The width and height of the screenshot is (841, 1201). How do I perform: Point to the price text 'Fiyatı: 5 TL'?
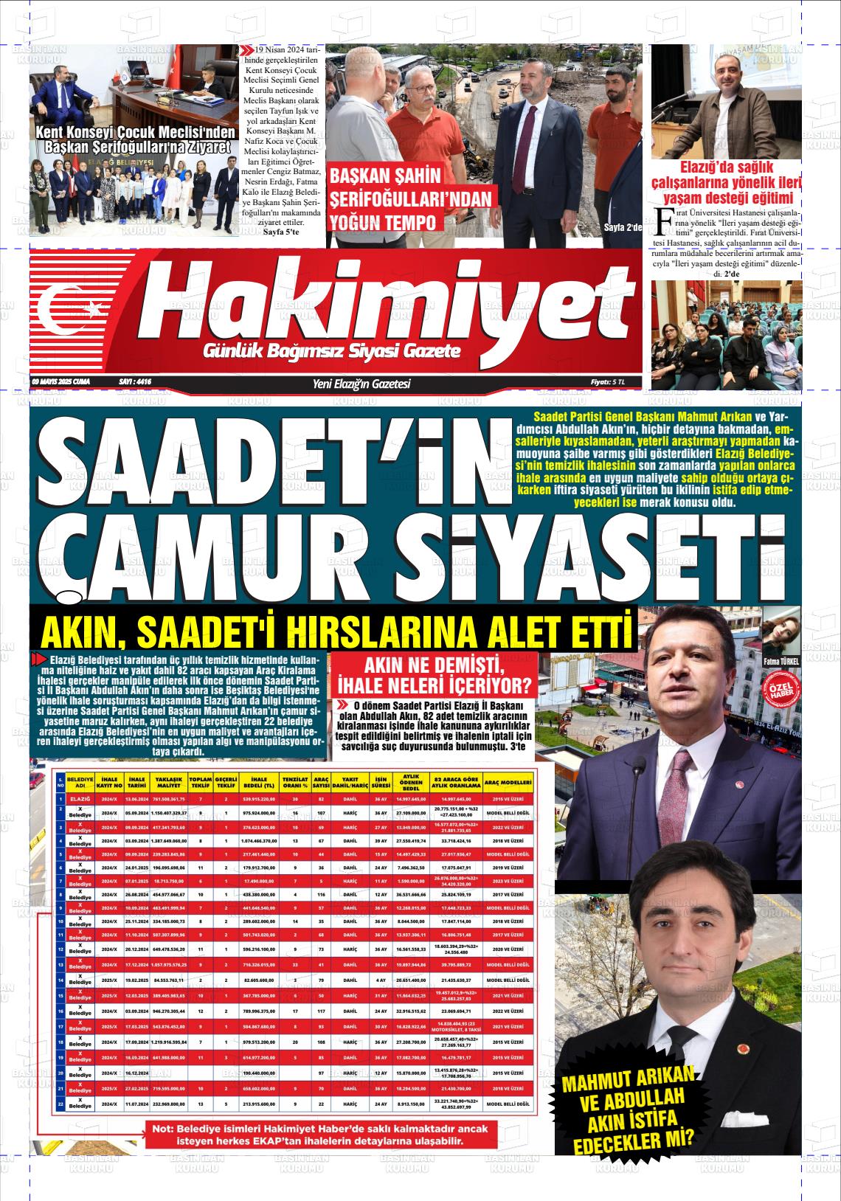click(607, 382)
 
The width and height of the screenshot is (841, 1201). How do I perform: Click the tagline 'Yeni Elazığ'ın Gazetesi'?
click(361, 384)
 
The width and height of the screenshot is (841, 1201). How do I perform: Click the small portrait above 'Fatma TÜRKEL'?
click(781, 631)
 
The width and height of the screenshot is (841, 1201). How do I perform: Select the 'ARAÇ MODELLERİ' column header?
click(508, 782)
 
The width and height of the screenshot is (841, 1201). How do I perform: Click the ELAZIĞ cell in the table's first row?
click(79, 799)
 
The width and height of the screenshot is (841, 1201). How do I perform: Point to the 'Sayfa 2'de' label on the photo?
click(623, 226)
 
